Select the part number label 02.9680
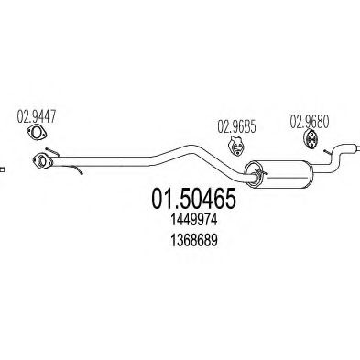coord(309,119)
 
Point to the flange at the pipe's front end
coord(41,164)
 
